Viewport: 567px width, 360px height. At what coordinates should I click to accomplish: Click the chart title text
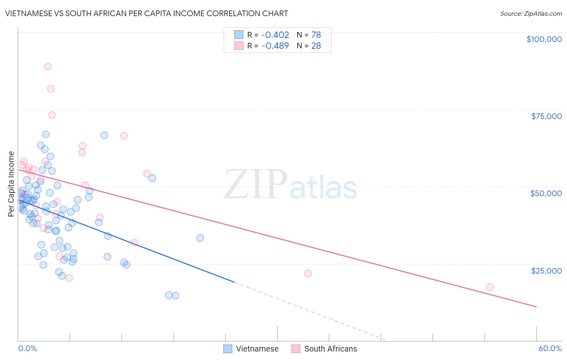pos(146,14)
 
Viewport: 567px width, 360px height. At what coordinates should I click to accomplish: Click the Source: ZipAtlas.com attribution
pos(531,14)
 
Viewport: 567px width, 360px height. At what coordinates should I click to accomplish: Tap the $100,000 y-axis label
pos(544,39)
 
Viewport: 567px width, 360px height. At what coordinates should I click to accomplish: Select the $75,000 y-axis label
pos(546,116)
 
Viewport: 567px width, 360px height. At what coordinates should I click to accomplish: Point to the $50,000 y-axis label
pos(546,193)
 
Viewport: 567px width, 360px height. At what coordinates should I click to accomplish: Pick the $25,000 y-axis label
pos(546,270)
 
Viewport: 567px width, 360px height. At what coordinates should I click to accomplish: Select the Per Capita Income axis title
pos(11,184)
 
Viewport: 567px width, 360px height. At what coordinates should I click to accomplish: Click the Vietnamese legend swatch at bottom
pos(228,349)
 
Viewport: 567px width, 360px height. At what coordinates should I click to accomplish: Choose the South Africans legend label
pos(331,349)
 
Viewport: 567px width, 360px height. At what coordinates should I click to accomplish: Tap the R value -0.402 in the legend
pos(275,35)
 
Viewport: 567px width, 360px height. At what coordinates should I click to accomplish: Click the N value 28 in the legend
pos(316,46)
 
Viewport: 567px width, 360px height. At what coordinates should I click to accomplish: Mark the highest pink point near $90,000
pos(48,67)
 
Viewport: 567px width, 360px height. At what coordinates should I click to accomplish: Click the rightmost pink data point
pos(490,287)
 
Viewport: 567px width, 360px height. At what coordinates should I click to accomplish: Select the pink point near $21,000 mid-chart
pos(308,273)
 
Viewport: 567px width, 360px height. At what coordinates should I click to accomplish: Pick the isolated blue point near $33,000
pos(200,238)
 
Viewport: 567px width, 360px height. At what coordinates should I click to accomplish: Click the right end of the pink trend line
pos(536,307)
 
